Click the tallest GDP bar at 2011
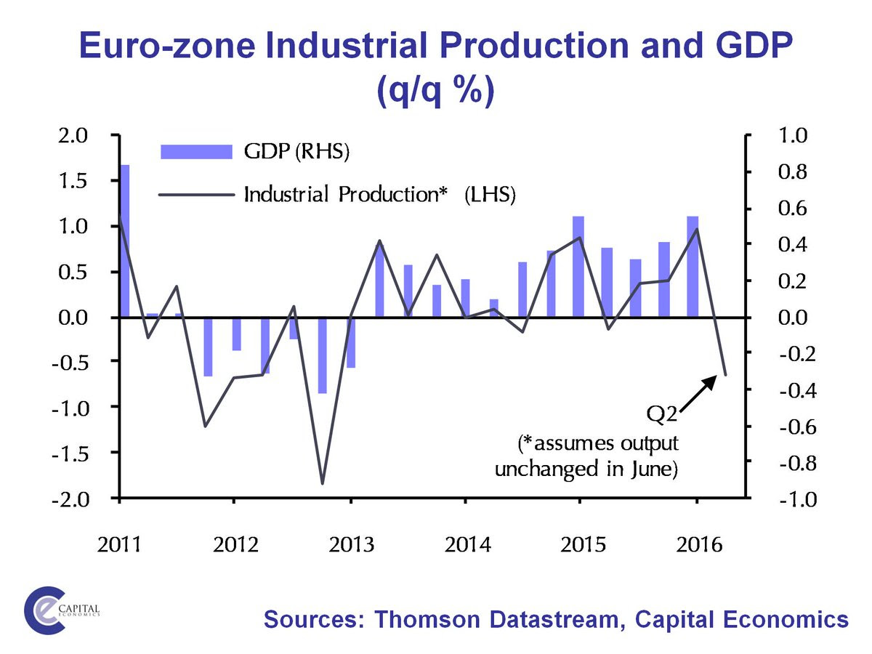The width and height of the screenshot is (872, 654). pos(124,240)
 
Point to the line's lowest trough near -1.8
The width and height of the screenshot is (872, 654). pos(322,483)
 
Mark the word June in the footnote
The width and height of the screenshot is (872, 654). pos(650,469)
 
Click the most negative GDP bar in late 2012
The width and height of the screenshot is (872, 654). pos(322,355)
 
